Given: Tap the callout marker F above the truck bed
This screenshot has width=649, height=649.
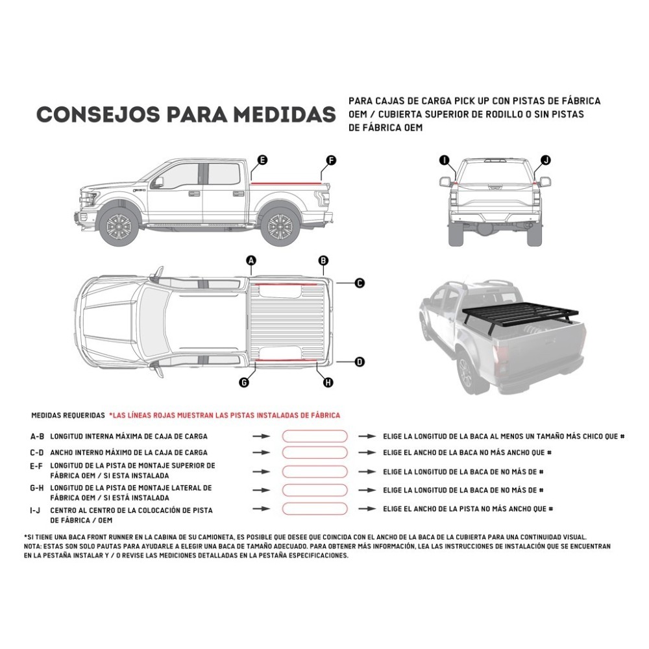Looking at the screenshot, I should pos(330,160).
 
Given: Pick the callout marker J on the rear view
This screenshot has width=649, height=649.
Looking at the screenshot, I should pos(545,160).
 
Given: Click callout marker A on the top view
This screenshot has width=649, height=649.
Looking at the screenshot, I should pos(252,261).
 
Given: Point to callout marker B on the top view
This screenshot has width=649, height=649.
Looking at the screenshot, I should pos(323,261).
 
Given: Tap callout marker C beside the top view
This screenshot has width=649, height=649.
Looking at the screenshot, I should pos(360,283).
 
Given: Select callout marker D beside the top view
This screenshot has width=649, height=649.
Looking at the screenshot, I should pos(360,362).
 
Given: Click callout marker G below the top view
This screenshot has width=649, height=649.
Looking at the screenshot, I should pos(244,383).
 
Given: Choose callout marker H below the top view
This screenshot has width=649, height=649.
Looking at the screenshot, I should pos(328,383).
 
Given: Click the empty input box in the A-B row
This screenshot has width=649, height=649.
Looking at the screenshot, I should pos(315,437).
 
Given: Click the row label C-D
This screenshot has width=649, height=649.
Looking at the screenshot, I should pos(37,452).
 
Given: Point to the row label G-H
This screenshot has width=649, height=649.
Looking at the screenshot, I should pos(37,487).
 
